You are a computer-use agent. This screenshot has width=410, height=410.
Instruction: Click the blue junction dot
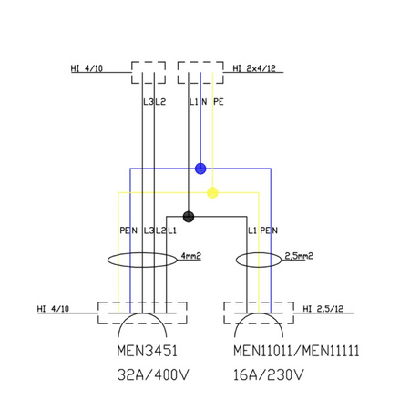[x=200, y=169]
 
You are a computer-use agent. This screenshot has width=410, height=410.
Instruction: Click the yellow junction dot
[x=212, y=192]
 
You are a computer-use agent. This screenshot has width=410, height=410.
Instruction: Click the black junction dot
[x=188, y=217]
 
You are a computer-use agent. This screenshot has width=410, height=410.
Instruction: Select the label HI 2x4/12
[x=255, y=68]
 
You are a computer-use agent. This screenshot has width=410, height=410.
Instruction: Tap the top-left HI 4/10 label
[x=87, y=67]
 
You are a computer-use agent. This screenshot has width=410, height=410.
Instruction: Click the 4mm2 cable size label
[x=190, y=256]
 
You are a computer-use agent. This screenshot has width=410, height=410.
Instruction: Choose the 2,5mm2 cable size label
[x=299, y=256]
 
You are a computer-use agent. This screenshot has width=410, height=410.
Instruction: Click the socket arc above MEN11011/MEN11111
[x=258, y=323]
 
